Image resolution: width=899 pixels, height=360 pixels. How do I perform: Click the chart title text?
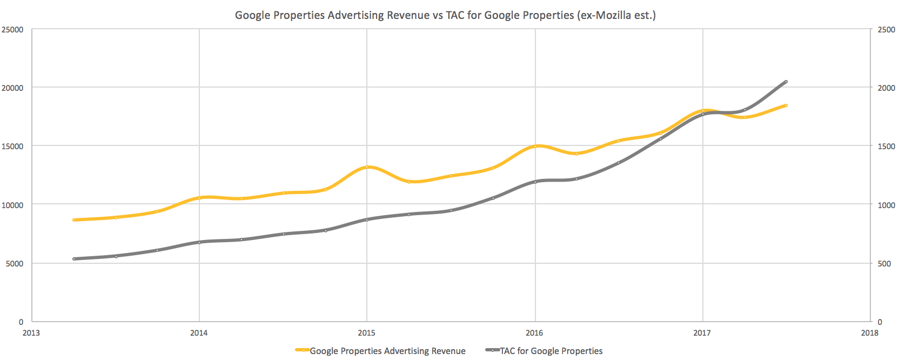(x=445, y=15)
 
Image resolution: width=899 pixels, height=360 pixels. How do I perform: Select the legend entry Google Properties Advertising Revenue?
(x=387, y=351)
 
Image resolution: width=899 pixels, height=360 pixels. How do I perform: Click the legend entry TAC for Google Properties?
(x=551, y=351)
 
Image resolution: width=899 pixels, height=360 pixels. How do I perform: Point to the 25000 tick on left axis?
(x=12, y=30)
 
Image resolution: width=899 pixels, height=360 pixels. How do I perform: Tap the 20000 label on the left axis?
(x=12, y=88)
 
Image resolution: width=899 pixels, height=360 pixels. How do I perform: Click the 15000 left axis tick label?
(x=12, y=146)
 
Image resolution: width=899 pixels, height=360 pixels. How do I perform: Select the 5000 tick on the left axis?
(x=15, y=264)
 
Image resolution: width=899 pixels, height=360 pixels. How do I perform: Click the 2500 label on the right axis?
(x=887, y=30)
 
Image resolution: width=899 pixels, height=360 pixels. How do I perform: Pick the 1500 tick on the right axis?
(x=887, y=146)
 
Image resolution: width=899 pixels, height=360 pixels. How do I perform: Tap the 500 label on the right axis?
(x=884, y=264)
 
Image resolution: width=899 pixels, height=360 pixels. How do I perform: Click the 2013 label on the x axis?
(x=31, y=333)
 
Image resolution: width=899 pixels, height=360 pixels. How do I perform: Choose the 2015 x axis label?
(x=367, y=333)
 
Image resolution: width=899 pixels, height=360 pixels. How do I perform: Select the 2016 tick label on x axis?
(x=535, y=333)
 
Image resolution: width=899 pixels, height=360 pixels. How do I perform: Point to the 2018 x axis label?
(x=870, y=333)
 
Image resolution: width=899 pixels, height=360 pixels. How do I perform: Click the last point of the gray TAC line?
(x=786, y=82)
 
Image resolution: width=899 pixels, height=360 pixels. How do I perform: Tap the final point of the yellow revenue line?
(x=786, y=105)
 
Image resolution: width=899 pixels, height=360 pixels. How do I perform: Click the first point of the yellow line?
(x=74, y=220)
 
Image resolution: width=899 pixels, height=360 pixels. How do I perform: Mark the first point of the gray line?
(x=74, y=259)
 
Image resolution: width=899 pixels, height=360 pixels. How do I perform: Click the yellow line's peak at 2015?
(x=367, y=167)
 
